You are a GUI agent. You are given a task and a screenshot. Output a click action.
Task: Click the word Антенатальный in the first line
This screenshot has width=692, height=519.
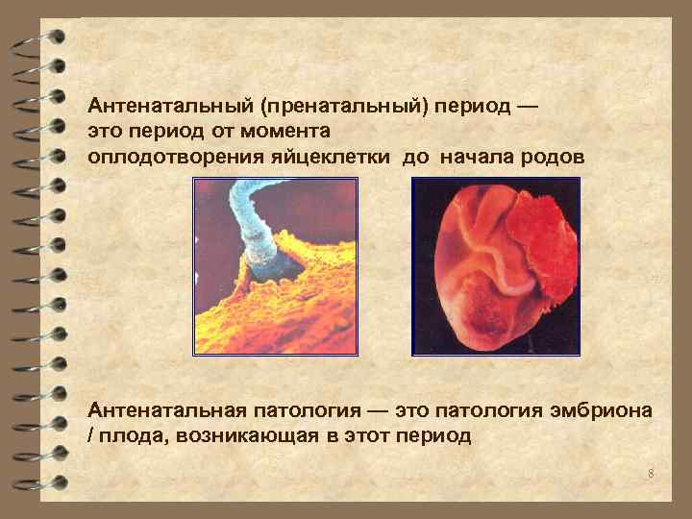pyautogui.click(x=161, y=105)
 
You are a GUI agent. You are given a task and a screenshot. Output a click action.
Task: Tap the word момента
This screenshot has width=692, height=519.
pyautogui.click(x=286, y=131)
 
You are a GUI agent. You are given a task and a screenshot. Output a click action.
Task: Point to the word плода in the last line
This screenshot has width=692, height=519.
pyautogui.click(x=124, y=436)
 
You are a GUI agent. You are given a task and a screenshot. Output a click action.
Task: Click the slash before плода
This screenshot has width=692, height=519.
pyautogui.click(x=91, y=436)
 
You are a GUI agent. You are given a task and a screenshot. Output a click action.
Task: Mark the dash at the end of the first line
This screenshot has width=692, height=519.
pyautogui.click(x=526, y=105)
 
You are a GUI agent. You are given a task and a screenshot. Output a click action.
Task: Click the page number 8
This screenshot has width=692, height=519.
pyautogui.click(x=651, y=474)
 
